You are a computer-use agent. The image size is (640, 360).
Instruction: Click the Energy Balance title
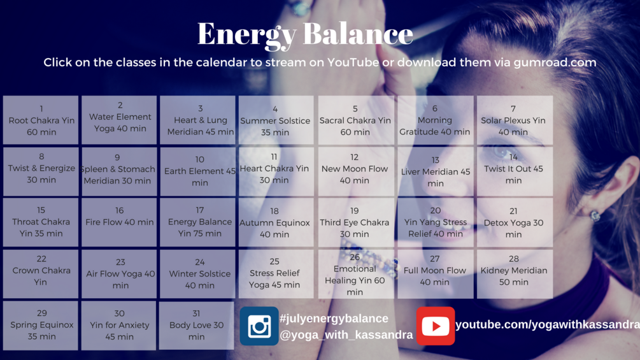[305, 34]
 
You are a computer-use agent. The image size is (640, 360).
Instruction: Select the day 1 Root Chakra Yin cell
[41, 120]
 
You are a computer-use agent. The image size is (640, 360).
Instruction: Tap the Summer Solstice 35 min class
[276, 120]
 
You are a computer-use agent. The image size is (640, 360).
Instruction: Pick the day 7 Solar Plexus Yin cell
[515, 120]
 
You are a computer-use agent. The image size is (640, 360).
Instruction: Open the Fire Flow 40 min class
[119, 222]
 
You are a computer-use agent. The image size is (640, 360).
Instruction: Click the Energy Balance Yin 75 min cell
[197, 222]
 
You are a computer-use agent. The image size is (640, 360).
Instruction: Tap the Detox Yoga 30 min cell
[515, 222]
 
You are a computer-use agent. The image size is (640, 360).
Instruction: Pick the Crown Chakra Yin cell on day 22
[41, 274]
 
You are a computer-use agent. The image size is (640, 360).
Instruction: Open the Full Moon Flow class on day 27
[436, 274]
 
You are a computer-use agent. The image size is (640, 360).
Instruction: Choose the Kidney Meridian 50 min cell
[515, 274]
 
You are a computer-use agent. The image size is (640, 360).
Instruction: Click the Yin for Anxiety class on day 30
[119, 326]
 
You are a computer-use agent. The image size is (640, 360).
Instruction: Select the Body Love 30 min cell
[196, 326]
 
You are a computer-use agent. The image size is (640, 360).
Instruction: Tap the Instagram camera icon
[259, 326]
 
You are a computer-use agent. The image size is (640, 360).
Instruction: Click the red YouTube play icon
[436, 326]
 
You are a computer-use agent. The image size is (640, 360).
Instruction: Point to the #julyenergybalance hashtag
[334, 319]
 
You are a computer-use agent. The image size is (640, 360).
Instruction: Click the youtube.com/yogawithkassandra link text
[548, 324]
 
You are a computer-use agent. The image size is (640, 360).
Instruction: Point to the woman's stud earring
[595, 215]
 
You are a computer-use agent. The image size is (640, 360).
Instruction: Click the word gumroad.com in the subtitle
[555, 62]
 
